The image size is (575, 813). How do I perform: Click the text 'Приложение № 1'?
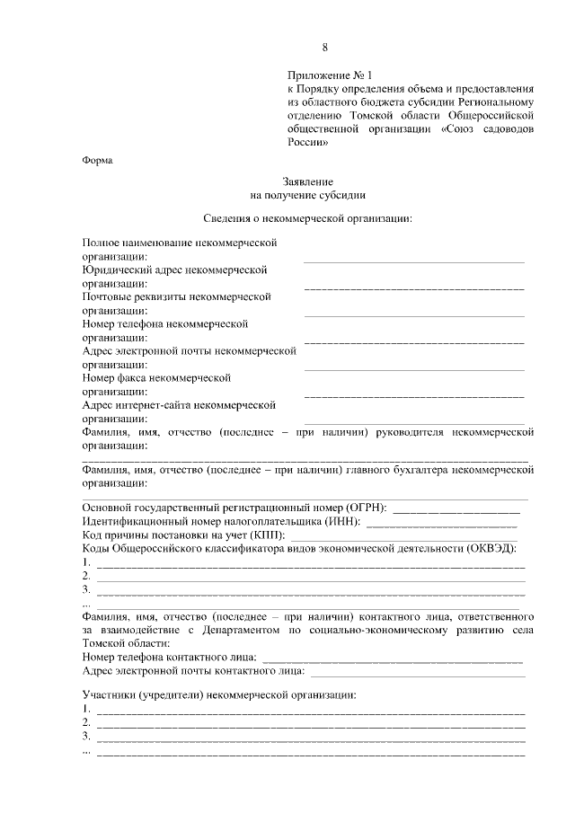click(x=323, y=75)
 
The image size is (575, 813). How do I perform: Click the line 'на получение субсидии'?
click(x=307, y=194)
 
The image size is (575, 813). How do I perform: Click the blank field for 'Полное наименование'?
click(x=413, y=261)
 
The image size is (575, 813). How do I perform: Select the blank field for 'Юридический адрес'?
click(x=413, y=287)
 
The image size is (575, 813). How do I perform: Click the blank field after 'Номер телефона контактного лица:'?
click(x=394, y=658)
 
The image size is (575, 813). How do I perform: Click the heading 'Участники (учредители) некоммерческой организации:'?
click(x=219, y=695)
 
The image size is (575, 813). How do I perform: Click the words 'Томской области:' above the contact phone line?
click(x=124, y=644)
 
